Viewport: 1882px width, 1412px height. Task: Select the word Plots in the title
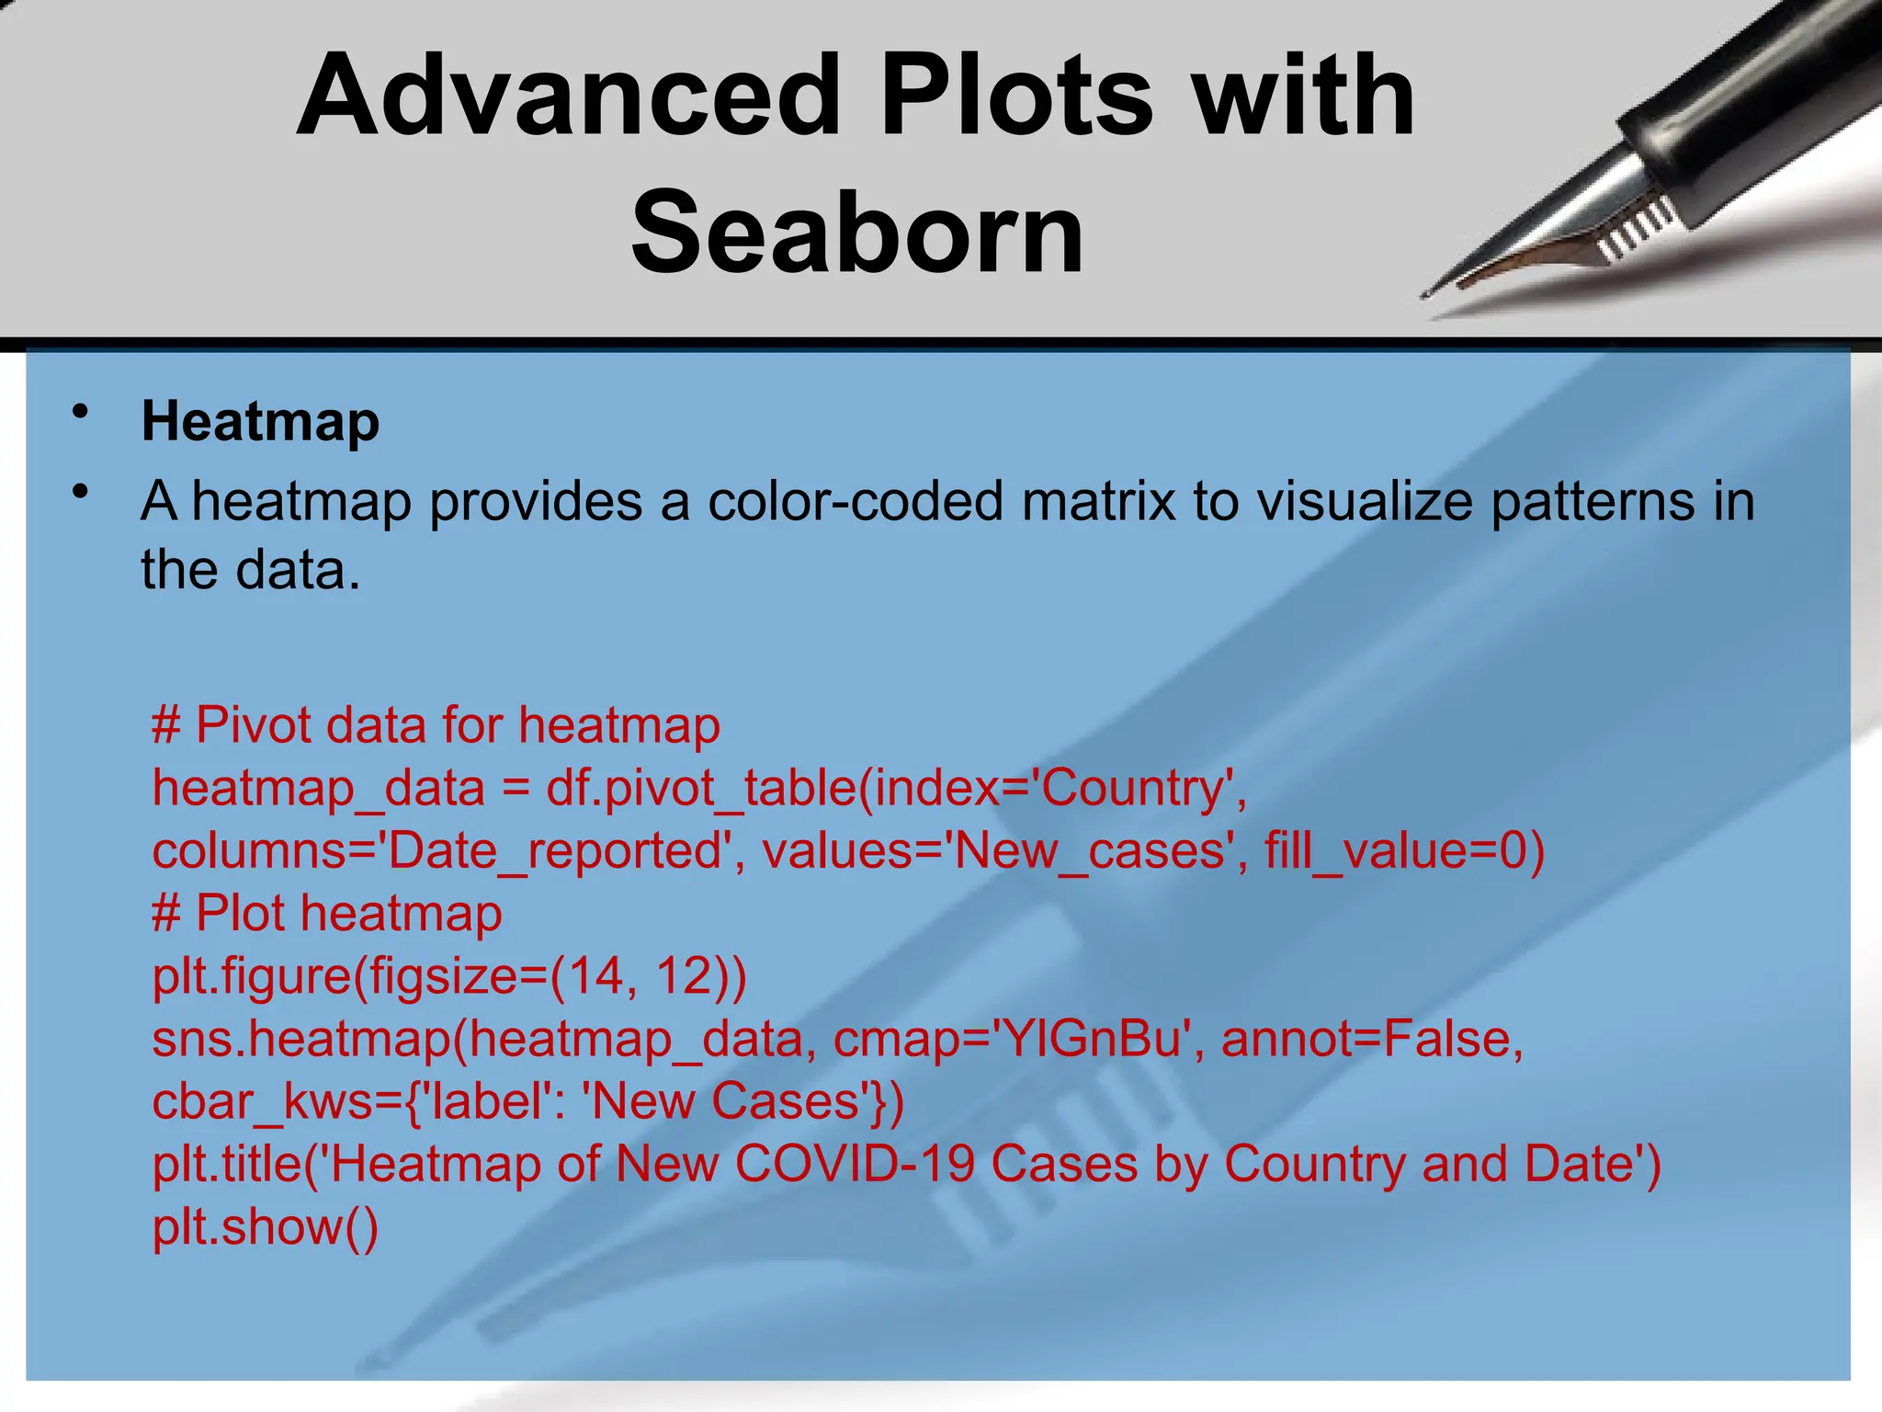coord(1015,97)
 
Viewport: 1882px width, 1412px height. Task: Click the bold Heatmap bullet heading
coord(260,422)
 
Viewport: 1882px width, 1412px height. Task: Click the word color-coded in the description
coord(855,502)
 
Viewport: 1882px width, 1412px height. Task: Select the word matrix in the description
coord(1098,502)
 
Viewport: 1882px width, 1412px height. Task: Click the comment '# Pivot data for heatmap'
coord(436,725)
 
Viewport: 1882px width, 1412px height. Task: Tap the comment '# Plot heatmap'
coord(327,914)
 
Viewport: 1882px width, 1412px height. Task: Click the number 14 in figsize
coord(595,976)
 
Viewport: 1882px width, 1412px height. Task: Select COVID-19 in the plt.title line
coord(855,1164)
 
